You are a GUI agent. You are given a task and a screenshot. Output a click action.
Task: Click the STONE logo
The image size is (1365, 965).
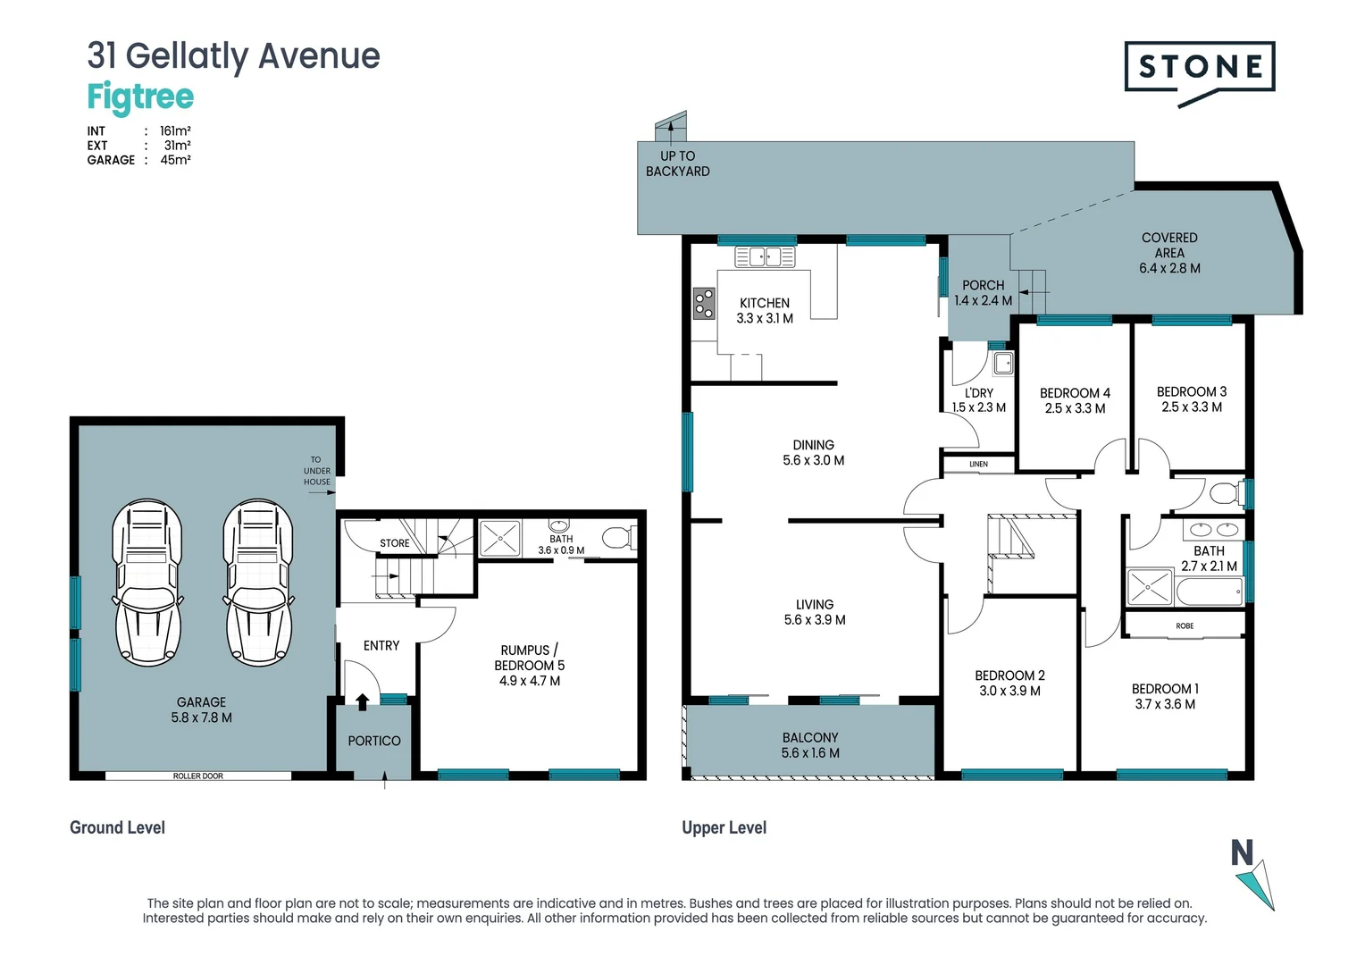pos(1199,68)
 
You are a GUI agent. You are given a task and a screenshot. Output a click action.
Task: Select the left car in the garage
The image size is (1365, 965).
pos(147,582)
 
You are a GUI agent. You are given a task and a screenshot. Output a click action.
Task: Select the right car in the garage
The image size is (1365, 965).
pos(258,582)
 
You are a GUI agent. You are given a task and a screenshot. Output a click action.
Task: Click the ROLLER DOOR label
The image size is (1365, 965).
pos(198,776)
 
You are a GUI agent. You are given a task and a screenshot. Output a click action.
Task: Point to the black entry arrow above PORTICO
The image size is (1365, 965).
pos(362,702)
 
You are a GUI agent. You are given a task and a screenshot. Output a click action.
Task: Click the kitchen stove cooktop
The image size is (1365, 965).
pos(705,303)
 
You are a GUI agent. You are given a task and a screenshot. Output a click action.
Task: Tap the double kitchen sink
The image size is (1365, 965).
pos(765,257)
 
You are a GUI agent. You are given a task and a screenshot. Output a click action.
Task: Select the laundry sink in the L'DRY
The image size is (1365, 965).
pos(1003,363)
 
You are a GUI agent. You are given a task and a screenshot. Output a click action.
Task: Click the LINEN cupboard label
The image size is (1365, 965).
pos(978,464)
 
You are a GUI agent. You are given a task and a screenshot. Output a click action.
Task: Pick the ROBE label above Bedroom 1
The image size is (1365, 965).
pos(1185,625)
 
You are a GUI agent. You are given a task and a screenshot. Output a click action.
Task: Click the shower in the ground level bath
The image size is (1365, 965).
pos(500,539)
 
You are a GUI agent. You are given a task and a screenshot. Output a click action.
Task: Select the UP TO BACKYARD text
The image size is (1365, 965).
pos(678,164)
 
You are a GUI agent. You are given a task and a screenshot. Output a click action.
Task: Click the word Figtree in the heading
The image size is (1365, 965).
pos(140,96)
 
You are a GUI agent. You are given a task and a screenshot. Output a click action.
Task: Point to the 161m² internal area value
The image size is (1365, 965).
pos(175,130)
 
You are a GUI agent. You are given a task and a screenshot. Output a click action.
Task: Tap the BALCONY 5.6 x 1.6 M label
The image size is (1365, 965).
pos(810,745)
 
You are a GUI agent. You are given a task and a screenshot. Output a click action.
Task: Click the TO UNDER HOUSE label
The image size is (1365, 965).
pos(316,471)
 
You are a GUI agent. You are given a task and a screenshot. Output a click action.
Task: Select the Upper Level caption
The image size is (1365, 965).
pos(724,827)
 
